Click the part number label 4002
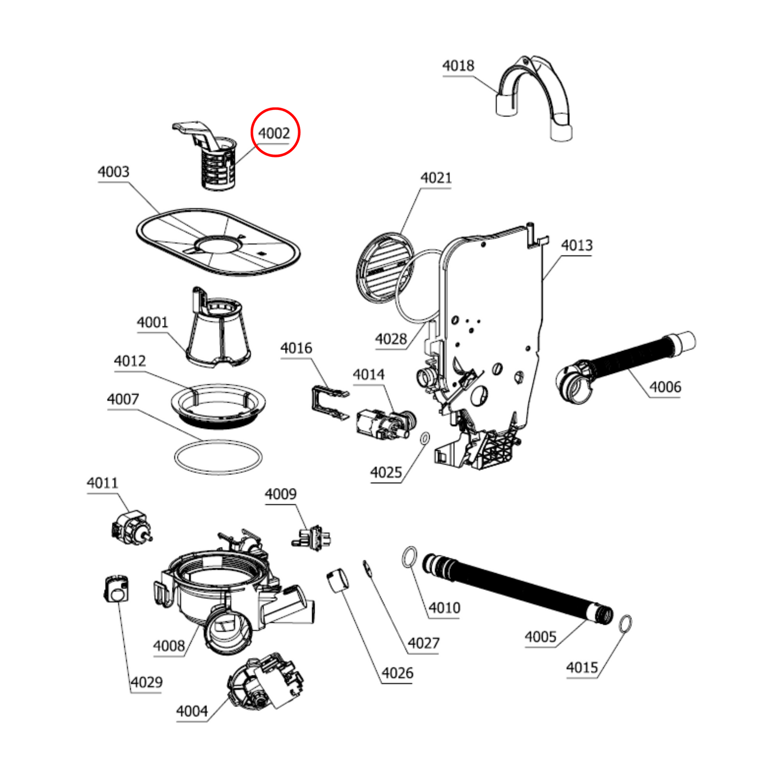click(x=274, y=133)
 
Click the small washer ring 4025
click(x=424, y=438)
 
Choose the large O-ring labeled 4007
click(x=218, y=458)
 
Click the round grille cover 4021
click(x=384, y=267)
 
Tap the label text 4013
click(x=576, y=246)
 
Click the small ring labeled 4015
click(x=625, y=624)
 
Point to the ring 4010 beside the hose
click(x=410, y=557)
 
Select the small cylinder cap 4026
click(x=338, y=580)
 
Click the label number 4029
click(x=146, y=683)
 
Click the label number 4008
click(x=169, y=646)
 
